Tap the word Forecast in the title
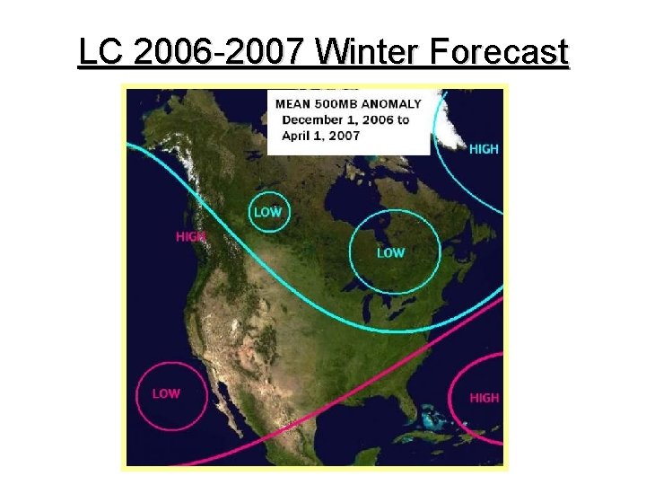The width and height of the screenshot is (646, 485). point(499,53)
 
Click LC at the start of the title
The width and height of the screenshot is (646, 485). point(100,53)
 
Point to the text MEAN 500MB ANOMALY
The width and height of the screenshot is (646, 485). point(348,104)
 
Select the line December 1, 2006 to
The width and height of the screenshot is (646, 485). point(342,119)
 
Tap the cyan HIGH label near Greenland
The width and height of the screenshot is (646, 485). point(484,149)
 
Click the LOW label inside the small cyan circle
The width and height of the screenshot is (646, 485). point(267,212)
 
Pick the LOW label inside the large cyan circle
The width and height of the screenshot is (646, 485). point(390,253)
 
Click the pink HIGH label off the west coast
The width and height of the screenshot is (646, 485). point(190,236)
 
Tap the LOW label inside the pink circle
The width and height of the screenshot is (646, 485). point(166,393)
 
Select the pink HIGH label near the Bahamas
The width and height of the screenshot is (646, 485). point(484,397)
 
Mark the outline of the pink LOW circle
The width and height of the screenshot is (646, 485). point(136,395)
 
